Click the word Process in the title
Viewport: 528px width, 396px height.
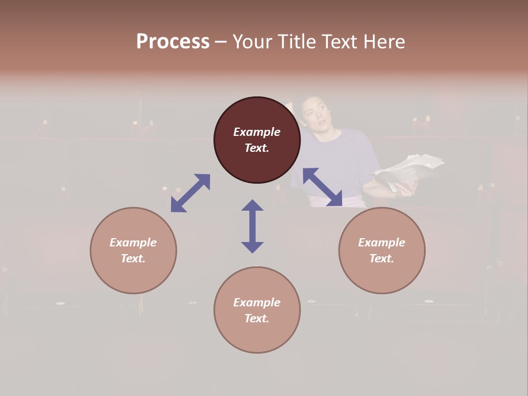(173, 41)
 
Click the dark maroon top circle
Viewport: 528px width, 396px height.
(257, 140)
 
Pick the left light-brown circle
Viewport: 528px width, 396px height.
(133, 250)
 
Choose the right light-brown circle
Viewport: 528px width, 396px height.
(382, 250)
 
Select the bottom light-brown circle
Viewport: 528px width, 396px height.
(257, 310)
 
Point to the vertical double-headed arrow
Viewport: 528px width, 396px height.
(252, 226)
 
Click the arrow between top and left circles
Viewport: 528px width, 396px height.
(190, 193)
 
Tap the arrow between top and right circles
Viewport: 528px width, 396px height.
(323, 187)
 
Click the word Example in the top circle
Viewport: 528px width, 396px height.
(257, 132)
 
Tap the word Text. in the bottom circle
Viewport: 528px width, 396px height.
(257, 318)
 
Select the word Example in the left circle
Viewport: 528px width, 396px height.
(133, 243)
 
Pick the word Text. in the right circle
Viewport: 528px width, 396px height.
(382, 258)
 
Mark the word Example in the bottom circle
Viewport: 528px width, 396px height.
(257, 302)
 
